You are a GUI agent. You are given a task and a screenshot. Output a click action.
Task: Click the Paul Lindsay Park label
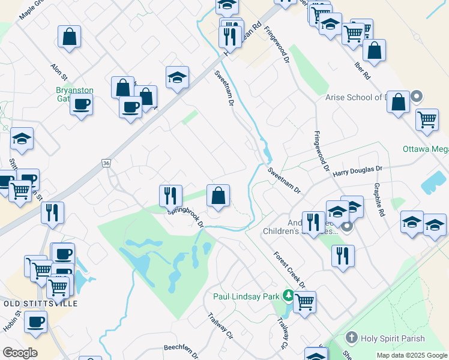[247, 296]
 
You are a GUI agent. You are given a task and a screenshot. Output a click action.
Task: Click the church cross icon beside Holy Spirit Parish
[352, 338]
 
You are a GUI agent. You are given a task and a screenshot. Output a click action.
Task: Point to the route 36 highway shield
[106, 163]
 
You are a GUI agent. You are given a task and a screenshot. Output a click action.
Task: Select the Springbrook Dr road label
[186, 217]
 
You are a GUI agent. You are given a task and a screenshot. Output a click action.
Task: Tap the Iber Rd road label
[362, 70]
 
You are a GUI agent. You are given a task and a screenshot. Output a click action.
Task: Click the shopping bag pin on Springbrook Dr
[218, 195]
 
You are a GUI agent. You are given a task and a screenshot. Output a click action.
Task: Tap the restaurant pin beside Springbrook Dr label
[170, 196]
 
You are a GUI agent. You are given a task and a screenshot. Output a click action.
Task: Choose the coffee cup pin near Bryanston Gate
[81, 105]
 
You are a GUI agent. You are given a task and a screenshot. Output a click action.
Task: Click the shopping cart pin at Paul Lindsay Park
[305, 302]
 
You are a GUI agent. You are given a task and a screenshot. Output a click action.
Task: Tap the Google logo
[20, 352]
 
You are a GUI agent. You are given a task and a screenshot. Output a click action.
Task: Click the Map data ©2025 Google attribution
[411, 355]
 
